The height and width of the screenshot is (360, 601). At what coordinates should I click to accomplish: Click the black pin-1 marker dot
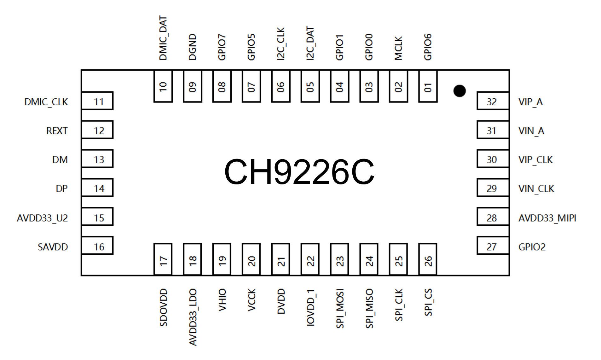click(x=459, y=91)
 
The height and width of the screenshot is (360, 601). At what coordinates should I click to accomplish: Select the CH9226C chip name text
click(x=299, y=172)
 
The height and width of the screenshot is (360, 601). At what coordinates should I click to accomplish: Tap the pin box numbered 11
click(x=97, y=101)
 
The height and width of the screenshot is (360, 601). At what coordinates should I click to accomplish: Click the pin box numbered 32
click(x=493, y=101)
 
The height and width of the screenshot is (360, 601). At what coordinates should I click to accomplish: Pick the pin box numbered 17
click(x=163, y=259)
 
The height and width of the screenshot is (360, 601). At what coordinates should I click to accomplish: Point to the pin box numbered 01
click(x=428, y=86)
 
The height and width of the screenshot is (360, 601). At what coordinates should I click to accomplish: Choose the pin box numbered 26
click(x=428, y=259)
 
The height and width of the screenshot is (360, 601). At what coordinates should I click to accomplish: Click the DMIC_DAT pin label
click(x=163, y=38)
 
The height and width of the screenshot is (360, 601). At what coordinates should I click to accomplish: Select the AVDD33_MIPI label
click(x=547, y=218)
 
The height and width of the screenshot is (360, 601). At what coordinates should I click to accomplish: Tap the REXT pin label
click(x=57, y=131)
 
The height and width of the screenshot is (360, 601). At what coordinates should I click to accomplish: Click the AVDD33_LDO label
click(x=193, y=317)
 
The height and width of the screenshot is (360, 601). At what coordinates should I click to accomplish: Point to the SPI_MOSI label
click(x=340, y=309)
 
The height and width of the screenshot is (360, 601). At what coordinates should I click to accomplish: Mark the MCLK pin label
click(x=398, y=48)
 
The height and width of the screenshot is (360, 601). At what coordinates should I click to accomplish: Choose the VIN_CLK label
click(x=536, y=189)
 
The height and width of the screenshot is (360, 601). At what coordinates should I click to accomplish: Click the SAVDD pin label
click(x=53, y=247)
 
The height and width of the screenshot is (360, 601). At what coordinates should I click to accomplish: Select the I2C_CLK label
click(x=280, y=44)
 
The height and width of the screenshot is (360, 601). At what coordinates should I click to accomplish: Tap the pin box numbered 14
click(x=97, y=188)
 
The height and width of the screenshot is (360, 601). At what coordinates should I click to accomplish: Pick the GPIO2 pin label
click(x=532, y=247)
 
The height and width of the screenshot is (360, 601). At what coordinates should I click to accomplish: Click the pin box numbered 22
click(x=310, y=259)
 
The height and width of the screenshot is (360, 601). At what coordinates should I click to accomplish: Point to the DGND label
click(x=192, y=47)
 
